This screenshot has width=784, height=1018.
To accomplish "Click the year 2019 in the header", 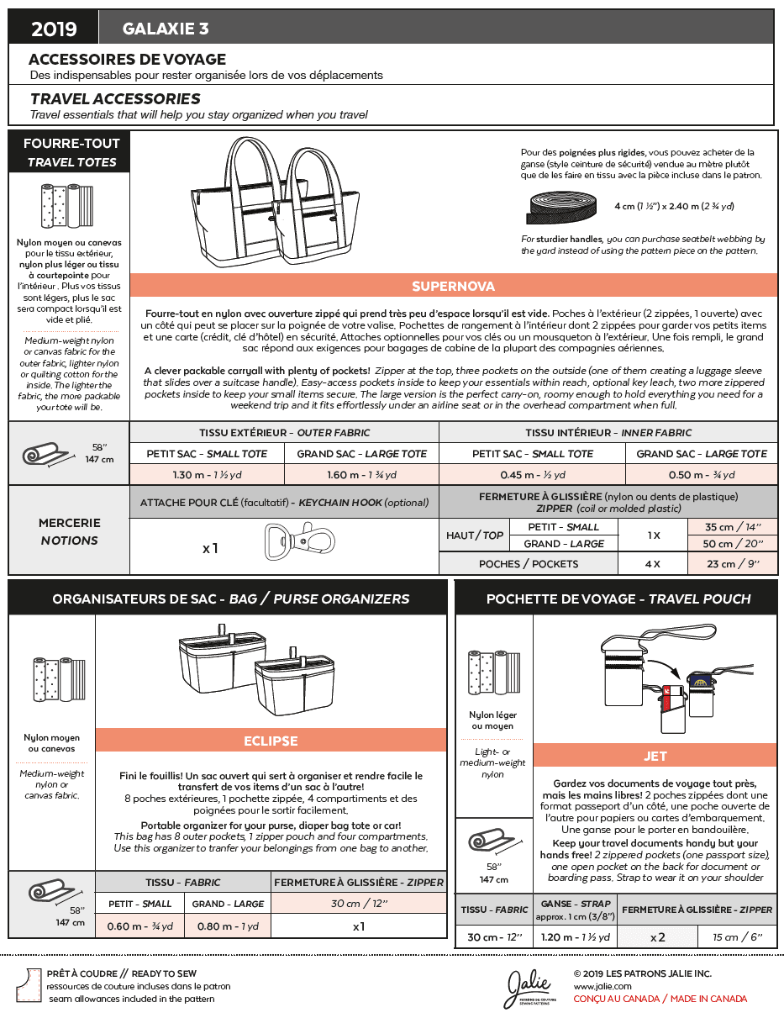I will tap(54, 29).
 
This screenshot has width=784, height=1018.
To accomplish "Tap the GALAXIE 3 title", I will tap(166, 29).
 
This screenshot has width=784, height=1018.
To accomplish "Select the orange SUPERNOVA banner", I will tap(453, 286).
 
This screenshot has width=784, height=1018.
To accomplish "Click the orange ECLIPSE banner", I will tap(271, 741).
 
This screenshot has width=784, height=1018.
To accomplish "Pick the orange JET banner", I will tap(655, 756).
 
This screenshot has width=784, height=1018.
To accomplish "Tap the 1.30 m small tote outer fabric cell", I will tap(207, 475).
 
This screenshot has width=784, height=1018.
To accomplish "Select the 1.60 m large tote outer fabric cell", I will tap(361, 475).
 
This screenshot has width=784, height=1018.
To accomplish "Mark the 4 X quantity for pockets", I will tap(652, 564).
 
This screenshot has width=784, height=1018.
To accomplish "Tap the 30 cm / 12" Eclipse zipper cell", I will tap(359, 904).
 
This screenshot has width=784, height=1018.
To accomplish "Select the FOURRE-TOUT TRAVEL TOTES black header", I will tap(71, 152).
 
